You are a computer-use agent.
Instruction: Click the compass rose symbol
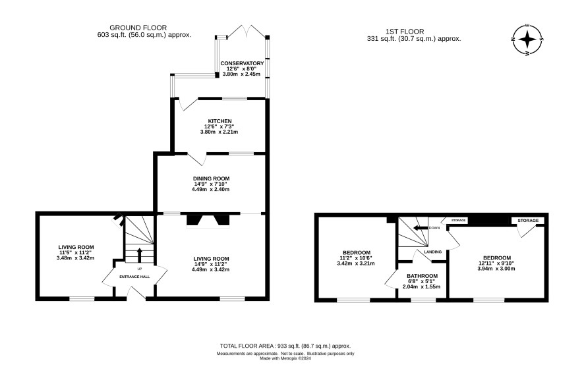(x=527, y=40)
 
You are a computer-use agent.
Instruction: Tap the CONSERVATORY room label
(x=242, y=63)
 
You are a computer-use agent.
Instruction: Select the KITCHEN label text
(x=219, y=121)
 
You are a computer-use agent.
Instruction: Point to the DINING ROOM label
(x=211, y=178)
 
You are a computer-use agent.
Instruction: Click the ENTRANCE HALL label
(x=134, y=277)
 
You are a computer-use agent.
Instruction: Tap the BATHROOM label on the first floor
(x=422, y=276)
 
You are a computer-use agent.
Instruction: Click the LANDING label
(x=432, y=252)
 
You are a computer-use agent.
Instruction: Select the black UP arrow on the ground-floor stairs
(x=140, y=256)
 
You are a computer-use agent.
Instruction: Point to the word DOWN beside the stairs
(x=434, y=228)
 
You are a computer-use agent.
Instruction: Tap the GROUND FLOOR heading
(x=138, y=28)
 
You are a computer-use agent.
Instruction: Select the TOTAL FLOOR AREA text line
(x=285, y=346)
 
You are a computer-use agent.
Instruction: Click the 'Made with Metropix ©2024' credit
(x=285, y=359)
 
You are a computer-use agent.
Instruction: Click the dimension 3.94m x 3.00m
(x=496, y=268)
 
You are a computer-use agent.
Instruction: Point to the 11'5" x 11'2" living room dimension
(x=75, y=252)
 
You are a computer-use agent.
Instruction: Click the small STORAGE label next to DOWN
(x=459, y=221)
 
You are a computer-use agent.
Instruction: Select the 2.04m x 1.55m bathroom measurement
(x=421, y=286)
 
